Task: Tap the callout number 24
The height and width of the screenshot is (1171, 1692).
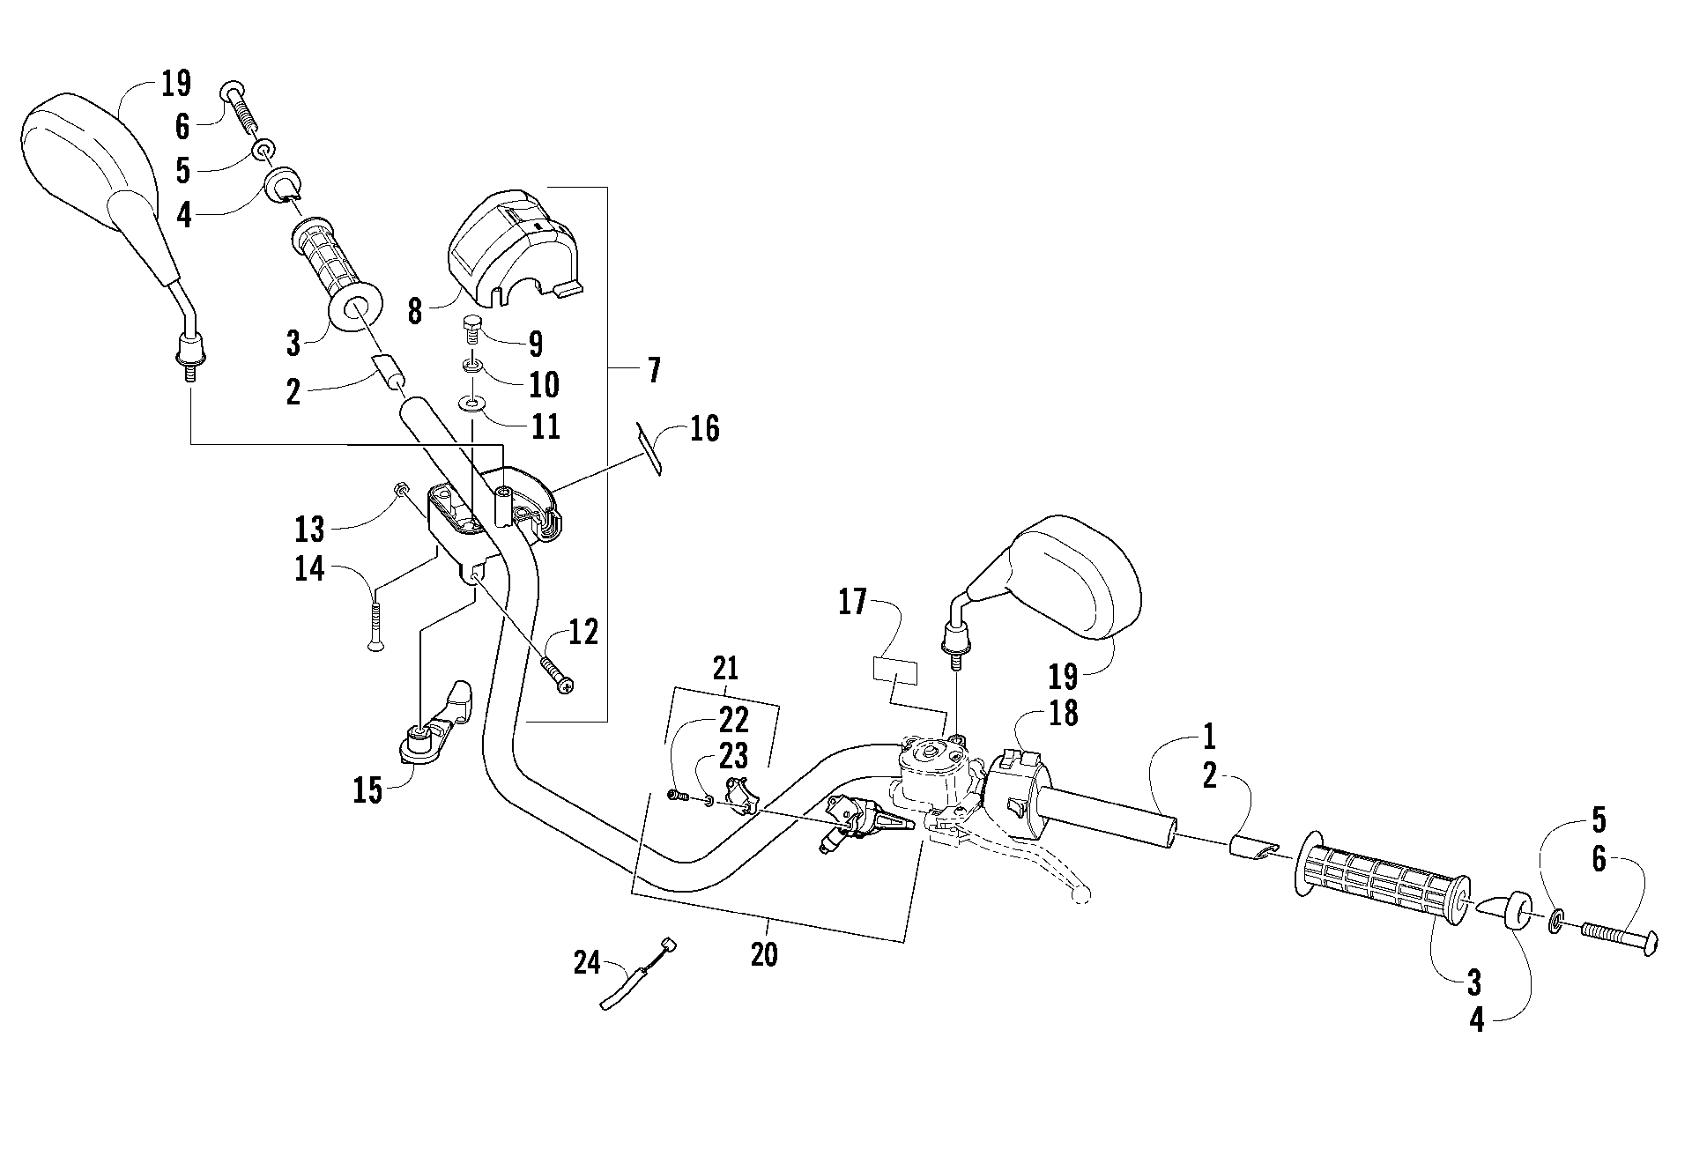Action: tap(587, 963)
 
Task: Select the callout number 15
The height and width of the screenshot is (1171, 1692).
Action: tap(368, 791)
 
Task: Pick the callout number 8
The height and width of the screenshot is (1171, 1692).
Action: tap(415, 311)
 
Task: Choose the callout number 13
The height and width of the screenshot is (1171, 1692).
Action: tap(310, 530)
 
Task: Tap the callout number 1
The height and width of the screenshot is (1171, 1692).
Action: tap(1209, 735)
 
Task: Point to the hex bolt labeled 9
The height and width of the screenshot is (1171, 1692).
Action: tap(472, 329)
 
